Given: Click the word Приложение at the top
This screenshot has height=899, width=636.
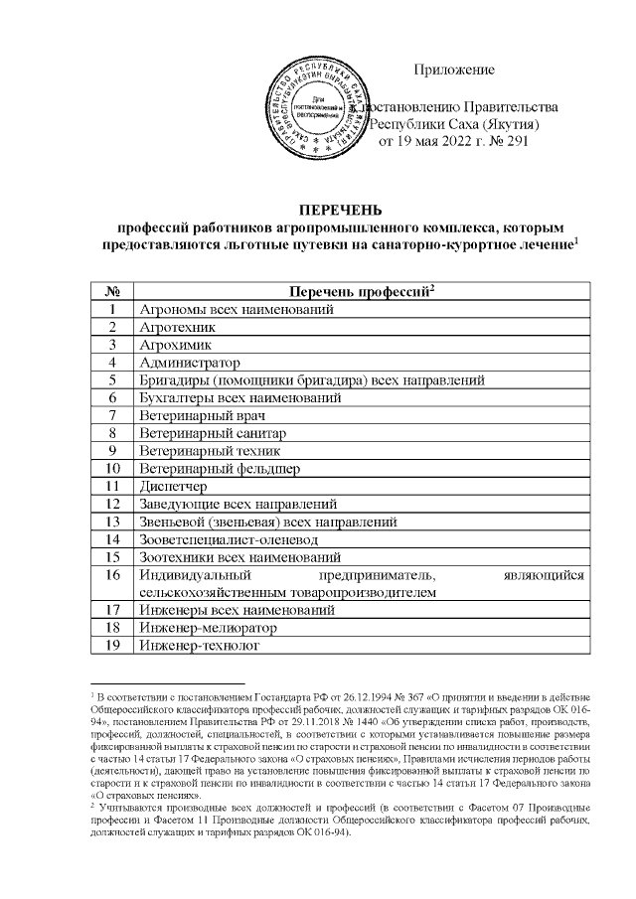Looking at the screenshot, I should [454, 70].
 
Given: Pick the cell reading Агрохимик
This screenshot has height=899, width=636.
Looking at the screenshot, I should [177, 344].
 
